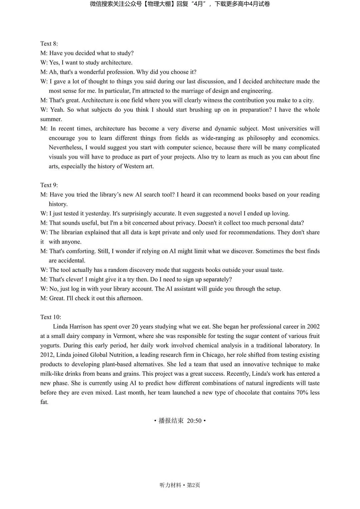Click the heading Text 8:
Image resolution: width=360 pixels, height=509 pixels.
pyautogui.click(x=49, y=44)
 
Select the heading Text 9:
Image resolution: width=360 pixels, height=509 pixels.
pyautogui.click(x=49, y=185)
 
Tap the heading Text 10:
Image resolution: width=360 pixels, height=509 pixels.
pyautogui.click(x=51, y=317)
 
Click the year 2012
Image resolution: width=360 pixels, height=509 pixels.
pyautogui.click(x=47, y=355)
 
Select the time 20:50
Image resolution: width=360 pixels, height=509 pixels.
pyautogui.click(x=194, y=421)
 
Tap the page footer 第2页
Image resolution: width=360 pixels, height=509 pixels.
pyautogui.click(x=194, y=485)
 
